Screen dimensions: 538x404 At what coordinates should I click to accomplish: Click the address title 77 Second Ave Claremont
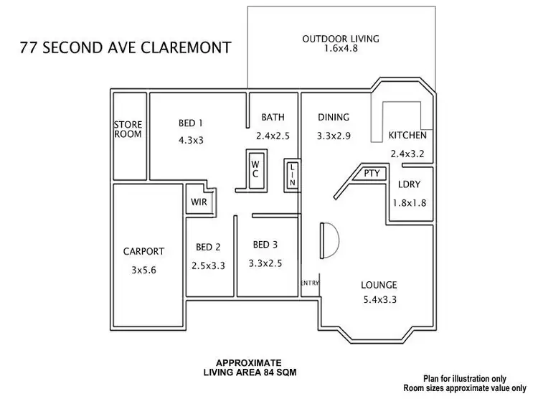click(x=126, y=48)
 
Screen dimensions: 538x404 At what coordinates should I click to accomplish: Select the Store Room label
click(x=128, y=129)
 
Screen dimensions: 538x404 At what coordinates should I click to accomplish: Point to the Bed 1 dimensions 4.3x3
click(x=192, y=140)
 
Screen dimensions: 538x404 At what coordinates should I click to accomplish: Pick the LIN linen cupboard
click(x=292, y=174)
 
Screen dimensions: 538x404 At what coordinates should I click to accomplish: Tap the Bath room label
click(x=273, y=117)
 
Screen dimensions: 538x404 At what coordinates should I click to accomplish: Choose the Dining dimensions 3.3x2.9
click(x=334, y=135)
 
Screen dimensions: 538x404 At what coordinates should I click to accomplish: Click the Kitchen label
click(x=407, y=136)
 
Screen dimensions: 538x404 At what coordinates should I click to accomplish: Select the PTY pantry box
click(x=371, y=174)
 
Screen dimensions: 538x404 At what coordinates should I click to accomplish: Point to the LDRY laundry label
click(x=409, y=184)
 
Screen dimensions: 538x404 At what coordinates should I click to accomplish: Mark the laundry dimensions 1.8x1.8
click(x=409, y=202)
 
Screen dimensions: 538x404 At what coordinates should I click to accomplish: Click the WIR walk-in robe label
click(x=198, y=202)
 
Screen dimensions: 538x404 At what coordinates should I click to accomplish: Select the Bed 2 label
click(x=208, y=248)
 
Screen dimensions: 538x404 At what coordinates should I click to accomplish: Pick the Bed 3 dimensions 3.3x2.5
click(x=265, y=263)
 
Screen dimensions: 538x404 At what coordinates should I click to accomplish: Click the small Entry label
click(x=310, y=282)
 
